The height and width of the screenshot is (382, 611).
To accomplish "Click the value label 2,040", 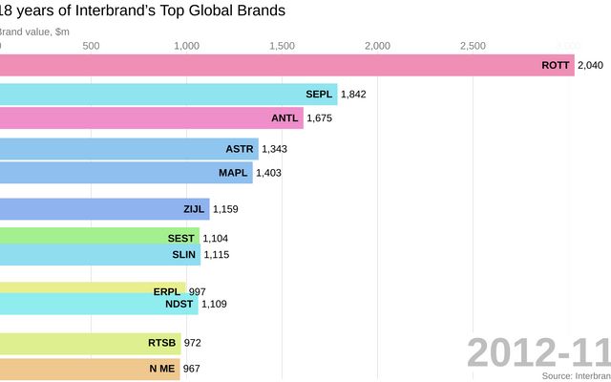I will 591,65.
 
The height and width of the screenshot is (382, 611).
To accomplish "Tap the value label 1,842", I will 353,94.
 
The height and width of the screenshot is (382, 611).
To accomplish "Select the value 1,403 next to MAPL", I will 268,173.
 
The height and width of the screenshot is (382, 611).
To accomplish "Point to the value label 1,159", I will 225,208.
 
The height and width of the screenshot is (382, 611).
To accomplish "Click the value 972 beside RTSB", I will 192,342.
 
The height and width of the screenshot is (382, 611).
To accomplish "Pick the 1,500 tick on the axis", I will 282,46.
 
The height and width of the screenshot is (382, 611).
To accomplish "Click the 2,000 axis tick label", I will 377,46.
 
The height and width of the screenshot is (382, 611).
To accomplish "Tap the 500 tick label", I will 91,46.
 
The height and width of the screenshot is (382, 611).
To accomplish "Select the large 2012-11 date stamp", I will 538,353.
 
